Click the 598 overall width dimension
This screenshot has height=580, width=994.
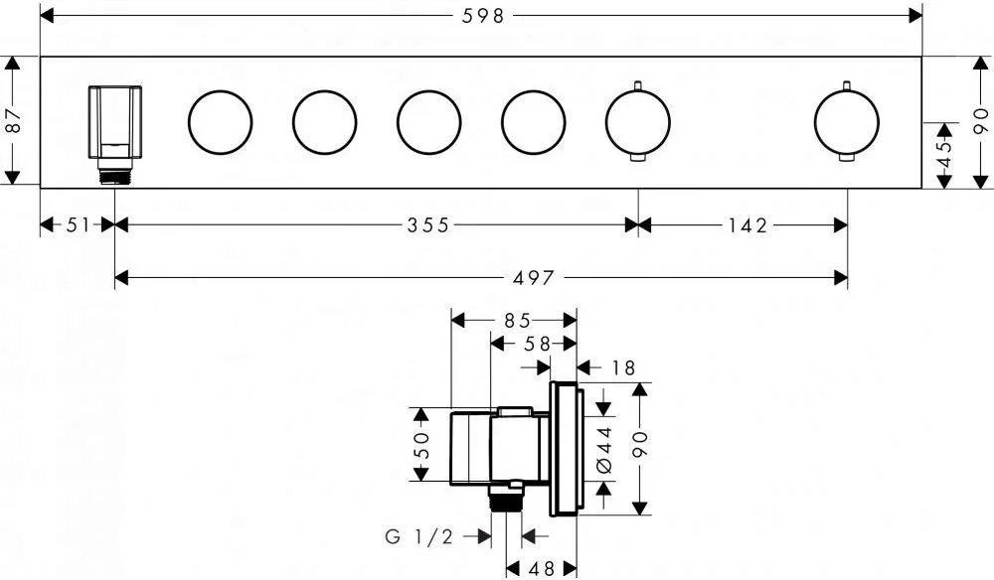click(x=482, y=16)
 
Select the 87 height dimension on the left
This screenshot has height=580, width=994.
click(x=13, y=120)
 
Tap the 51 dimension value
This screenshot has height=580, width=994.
click(x=79, y=224)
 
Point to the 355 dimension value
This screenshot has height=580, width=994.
click(x=427, y=224)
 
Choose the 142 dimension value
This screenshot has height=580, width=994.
click(x=747, y=224)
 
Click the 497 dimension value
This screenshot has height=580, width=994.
click(x=533, y=277)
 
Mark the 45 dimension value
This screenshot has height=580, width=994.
click(x=944, y=155)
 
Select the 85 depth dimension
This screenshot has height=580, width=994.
click(x=517, y=321)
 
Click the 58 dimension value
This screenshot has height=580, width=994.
click(x=537, y=344)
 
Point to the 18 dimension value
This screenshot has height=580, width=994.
click(x=624, y=367)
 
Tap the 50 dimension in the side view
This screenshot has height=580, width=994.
click(x=421, y=445)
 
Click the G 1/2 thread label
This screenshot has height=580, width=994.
click(x=419, y=537)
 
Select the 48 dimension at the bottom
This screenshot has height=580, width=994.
click(x=542, y=568)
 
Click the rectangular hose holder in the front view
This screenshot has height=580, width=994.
click(x=114, y=122)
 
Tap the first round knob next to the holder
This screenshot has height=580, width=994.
click(x=220, y=122)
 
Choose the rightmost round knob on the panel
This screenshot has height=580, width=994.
click(x=847, y=122)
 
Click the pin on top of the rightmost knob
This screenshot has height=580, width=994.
click(x=846, y=85)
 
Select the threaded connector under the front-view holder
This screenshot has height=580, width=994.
click(x=114, y=172)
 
